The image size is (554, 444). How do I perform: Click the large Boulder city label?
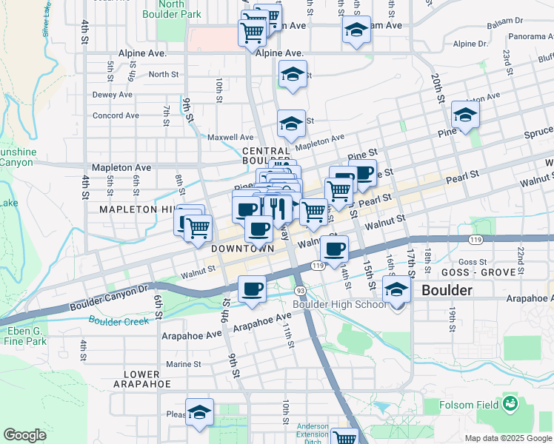tap(446, 290)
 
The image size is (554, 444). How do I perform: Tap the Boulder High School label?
tap(339, 304)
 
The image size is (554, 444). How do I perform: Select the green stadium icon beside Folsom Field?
tap(510, 403)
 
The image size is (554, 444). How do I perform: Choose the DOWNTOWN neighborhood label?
tap(243, 249)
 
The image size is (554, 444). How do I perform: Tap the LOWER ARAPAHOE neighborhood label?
tap(142, 379)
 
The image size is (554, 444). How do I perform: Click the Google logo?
tap(25, 435)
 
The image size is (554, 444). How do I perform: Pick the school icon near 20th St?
tap(465, 115)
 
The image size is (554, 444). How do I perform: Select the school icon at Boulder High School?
tap(397, 289)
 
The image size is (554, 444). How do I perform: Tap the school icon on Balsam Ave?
tap(356, 30)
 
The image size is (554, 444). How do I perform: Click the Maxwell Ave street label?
tap(230, 137)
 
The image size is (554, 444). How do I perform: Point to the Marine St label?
tap(183, 364)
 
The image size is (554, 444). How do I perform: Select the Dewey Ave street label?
tap(112, 95)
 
